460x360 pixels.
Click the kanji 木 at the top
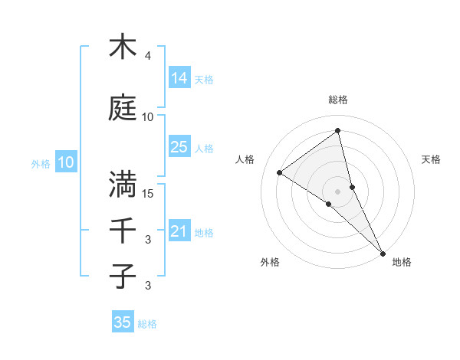pyautogui.click(x=123, y=47)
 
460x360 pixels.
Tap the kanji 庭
pyautogui.click(x=123, y=108)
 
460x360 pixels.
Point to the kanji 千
pyautogui.click(x=123, y=231)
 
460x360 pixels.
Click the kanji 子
pyautogui.click(x=123, y=277)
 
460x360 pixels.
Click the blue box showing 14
pyautogui.click(x=179, y=78)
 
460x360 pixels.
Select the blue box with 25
pyautogui.click(x=179, y=147)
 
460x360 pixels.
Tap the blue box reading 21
pyautogui.click(x=179, y=231)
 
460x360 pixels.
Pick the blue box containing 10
pyautogui.click(x=66, y=162)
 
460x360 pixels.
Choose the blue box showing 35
pyautogui.click(x=123, y=322)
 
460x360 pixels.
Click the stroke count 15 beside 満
pyautogui.click(x=148, y=194)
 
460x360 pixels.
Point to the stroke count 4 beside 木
pyautogui.click(x=148, y=56)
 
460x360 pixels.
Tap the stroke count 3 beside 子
pyautogui.click(x=148, y=286)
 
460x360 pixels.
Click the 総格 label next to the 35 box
pyautogui.click(x=147, y=324)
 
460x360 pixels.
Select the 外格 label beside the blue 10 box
pyautogui.click(x=41, y=163)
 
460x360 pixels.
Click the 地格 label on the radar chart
pyautogui.click(x=402, y=262)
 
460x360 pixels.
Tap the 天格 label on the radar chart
pyautogui.click(x=432, y=159)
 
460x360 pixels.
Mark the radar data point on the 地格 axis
pyautogui.click(x=383, y=252)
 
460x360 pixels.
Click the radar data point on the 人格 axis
pyautogui.click(x=280, y=173)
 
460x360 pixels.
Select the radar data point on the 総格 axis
pyautogui.click(x=338, y=131)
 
